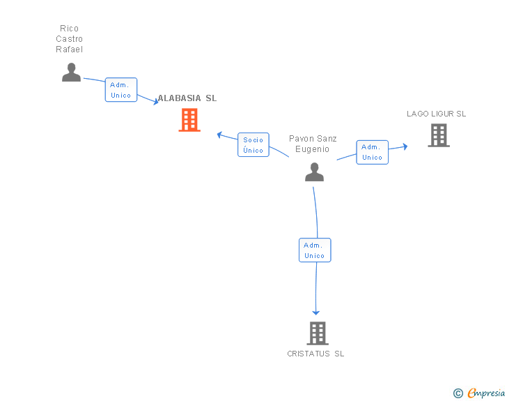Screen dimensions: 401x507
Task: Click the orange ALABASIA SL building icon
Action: (189, 120)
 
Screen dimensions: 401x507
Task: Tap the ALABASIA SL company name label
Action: (187, 98)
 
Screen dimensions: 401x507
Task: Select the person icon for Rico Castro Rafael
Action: (71, 72)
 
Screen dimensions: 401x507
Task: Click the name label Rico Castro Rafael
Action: (70, 39)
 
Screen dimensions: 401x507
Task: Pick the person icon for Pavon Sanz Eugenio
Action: (314, 172)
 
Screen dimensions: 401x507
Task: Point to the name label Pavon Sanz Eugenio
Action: (313, 144)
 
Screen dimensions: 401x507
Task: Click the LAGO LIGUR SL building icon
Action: (439, 135)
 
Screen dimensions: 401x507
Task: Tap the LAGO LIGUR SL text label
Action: (437, 114)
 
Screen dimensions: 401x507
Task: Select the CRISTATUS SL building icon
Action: (318, 333)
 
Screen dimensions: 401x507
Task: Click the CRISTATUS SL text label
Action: (315, 354)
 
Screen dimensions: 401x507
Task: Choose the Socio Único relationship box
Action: (253, 145)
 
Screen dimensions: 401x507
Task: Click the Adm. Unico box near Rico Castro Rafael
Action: (121, 90)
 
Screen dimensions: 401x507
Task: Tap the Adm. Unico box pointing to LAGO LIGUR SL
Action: (373, 152)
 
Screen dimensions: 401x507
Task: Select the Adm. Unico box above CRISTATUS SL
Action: (315, 250)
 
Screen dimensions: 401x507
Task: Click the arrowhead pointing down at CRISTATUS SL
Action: (316, 312)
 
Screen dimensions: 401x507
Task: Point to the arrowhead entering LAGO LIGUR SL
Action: (405, 146)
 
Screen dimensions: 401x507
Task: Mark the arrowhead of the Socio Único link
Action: (219, 134)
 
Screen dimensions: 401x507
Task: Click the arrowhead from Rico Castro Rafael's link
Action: (155, 102)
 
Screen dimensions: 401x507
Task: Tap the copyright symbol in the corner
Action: (458, 393)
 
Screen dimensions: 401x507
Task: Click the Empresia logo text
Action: (486, 393)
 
